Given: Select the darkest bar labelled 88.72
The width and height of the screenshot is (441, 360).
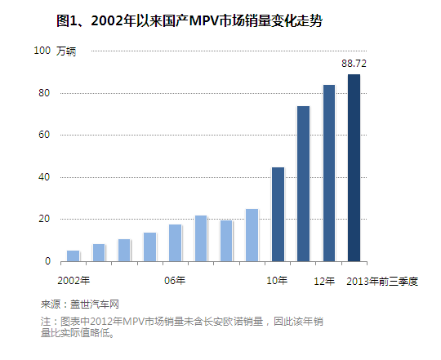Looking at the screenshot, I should coord(354,167).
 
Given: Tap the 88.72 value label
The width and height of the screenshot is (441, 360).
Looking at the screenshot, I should coord(354,63).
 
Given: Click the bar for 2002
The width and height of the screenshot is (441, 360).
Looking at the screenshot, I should coord(73,256).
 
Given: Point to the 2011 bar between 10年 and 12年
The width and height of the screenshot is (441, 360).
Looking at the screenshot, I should coord(303,184).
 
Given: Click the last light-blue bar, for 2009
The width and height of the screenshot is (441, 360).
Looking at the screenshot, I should coord(252,235).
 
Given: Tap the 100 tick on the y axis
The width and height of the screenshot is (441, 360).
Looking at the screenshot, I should coord(42,51).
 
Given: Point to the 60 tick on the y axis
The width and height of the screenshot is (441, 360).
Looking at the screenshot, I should coord(44,136).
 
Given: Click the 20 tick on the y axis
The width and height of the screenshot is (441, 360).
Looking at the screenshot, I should coord(44,220).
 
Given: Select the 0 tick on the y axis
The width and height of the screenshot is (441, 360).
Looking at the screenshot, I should coord(47,262).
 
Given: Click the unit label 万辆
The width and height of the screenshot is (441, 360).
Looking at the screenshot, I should coord(67,52).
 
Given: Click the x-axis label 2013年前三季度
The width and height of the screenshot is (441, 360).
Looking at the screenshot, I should coord(382,282).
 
